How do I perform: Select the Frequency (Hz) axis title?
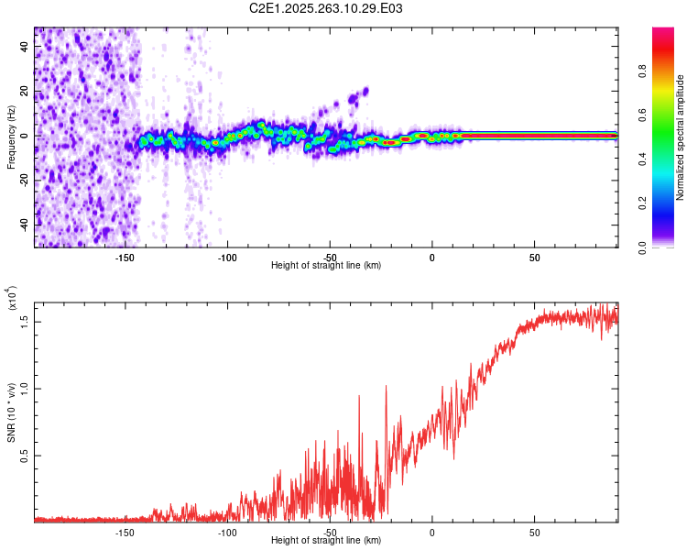point(12,137)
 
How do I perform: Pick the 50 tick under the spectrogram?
point(534,257)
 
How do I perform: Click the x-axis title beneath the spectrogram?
point(326,266)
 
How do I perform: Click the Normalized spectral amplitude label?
point(681,137)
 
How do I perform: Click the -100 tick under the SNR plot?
point(227,532)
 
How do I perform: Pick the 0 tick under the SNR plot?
point(431,532)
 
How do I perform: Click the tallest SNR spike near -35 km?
point(359,396)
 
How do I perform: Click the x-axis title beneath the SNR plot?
point(326,541)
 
